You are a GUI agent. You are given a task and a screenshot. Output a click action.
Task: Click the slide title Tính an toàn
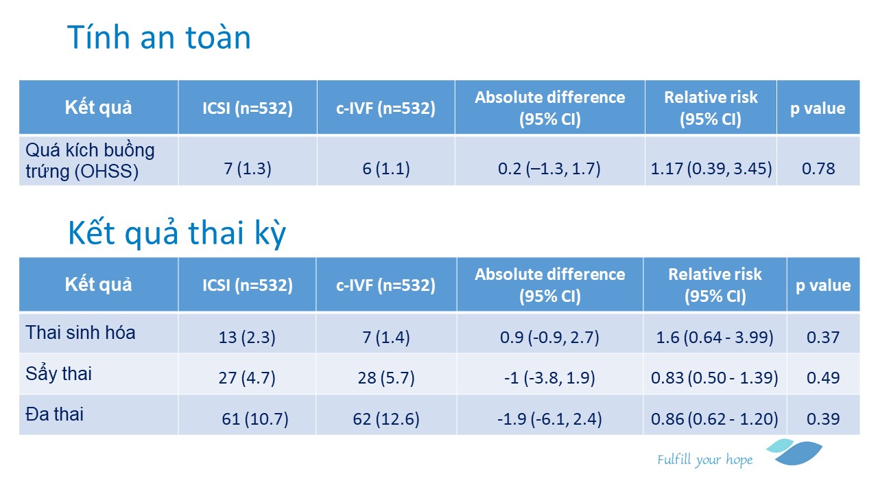tap(159, 37)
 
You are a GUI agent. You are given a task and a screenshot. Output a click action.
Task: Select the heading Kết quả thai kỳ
tap(177, 233)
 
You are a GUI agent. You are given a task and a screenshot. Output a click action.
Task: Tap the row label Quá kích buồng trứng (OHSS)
tap(90, 161)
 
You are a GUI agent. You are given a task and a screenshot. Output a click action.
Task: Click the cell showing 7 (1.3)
tap(248, 169)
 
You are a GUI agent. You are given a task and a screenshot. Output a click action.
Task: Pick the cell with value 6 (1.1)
tap(386, 169)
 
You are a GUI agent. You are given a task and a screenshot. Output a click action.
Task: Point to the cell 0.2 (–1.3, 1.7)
tap(549, 169)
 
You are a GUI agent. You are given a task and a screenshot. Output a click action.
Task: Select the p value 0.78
tap(818, 169)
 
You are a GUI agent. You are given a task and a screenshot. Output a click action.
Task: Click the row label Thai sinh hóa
tap(80, 333)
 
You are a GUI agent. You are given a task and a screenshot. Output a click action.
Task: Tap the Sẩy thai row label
tap(58, 374)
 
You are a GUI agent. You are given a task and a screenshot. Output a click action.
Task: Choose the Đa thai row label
tap(54, 414)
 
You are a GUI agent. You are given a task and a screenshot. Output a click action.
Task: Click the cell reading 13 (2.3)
tap(247, 337)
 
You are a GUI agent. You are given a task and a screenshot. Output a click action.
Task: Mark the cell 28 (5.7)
tap(386, 378)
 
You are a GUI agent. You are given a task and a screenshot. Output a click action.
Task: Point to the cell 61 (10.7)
tap(255, 419)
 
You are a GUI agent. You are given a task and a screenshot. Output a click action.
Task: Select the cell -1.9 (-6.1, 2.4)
tap(549, 419)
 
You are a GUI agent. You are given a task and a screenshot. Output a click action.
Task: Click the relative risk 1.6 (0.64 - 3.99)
tap(715, 337)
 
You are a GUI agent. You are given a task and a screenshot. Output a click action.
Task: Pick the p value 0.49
tap(822, 378)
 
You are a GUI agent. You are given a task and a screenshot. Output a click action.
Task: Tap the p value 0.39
tap(822, 419)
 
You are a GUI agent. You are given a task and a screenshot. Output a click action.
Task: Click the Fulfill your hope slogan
tap(704, 460)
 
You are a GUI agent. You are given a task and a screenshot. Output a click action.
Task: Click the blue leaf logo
tap(794, 451)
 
